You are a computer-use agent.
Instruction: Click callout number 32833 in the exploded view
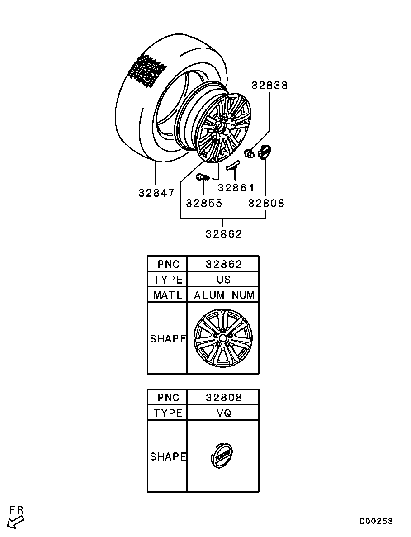pos(269,86)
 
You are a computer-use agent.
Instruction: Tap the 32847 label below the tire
pos(156,193)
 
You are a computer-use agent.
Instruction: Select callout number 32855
pos(204,203)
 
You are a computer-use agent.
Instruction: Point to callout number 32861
pos(236,188)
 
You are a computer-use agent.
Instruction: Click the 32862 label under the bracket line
pos(224,234)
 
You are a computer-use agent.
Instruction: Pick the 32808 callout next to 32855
pos(266,203)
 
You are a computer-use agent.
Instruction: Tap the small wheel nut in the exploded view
pos(248,153)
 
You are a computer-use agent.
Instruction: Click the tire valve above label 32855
pos(203,176)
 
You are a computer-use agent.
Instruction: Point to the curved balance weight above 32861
pos(232,165)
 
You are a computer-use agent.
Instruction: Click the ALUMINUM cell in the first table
pos(224,295)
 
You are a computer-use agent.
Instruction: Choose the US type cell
pos(224,280)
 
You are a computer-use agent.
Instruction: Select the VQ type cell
pos(224,413)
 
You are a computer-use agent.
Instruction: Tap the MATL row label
pos(168,295)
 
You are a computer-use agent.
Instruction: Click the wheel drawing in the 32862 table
pos(223,338)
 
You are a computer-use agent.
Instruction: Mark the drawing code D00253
pos(376,521)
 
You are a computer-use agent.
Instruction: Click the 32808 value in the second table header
pos(224,398)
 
